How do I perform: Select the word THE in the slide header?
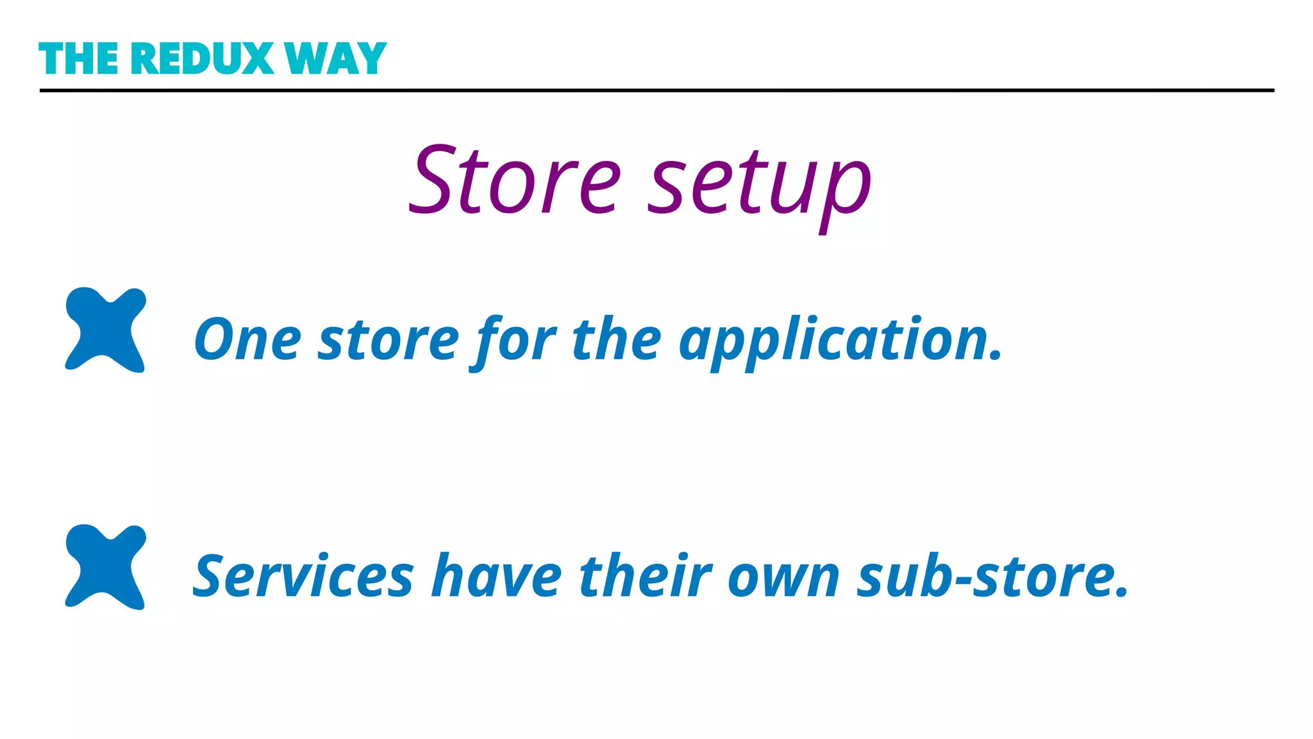79,59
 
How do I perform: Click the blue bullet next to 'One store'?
106,329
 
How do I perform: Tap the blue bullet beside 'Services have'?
106,566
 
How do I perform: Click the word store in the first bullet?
389,340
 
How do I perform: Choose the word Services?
303,576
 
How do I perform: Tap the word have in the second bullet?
496,576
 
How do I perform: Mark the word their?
646,576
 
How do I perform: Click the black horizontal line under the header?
656,90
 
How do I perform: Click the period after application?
996,357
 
